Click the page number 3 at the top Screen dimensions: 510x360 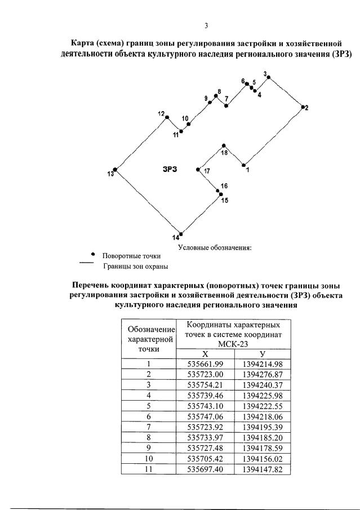[206, 25]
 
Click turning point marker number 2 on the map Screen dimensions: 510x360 [303, 107]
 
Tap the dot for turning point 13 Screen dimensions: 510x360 [115, 169]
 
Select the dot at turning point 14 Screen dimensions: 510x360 [181, 233]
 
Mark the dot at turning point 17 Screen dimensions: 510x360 [198, 169]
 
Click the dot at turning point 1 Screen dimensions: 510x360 [244, 165]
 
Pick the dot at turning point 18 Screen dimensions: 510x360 [224, 145]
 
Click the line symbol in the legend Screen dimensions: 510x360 [86, 263]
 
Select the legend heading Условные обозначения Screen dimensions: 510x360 [214, 247]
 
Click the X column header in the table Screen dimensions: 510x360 [205, 354]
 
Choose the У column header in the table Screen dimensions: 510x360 [262, 354]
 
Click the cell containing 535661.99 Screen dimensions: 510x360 [205, 364]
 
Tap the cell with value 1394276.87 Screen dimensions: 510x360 [262, 374]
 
